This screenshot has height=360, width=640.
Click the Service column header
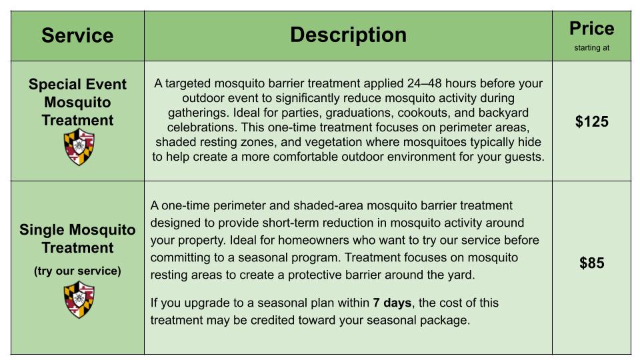pos(77,35)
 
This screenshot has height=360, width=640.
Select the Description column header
pos(348,35)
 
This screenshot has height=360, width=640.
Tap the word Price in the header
pos(591,29)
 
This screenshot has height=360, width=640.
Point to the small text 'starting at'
pos(591,48)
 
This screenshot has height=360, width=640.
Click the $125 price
pos(591,121)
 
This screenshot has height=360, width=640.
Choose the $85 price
pos(591,263)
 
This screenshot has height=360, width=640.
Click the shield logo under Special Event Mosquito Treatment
pos(79,147)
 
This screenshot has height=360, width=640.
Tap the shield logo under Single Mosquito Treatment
pos(79,300)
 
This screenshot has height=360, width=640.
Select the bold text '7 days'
pos(392,303)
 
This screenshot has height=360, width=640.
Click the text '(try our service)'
pos(77,271)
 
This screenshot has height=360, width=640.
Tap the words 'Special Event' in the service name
pos(77,84)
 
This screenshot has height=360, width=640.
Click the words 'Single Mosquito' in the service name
pos(77,229)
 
